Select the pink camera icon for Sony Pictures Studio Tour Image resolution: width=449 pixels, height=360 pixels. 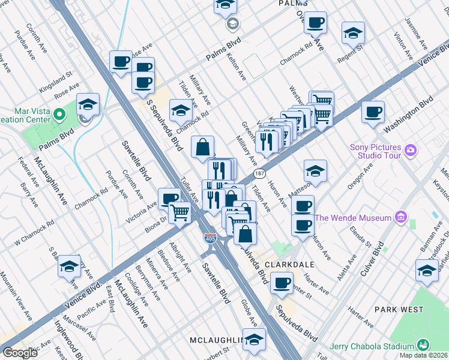click(410, 149)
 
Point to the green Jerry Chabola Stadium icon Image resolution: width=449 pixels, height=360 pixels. click(423, 346)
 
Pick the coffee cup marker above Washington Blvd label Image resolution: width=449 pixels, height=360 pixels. click(373, 112)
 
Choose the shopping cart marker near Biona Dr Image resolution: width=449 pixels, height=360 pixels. click(179, 212)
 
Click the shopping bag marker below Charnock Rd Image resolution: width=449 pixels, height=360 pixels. click(203, 146)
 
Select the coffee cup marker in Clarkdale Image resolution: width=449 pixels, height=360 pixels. click(281, 283)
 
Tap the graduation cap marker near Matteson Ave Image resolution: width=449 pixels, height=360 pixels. click(315, 171)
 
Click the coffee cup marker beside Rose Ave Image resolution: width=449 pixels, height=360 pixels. click(121, 61)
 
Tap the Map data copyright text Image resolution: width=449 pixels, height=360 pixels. click(423, 355)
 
